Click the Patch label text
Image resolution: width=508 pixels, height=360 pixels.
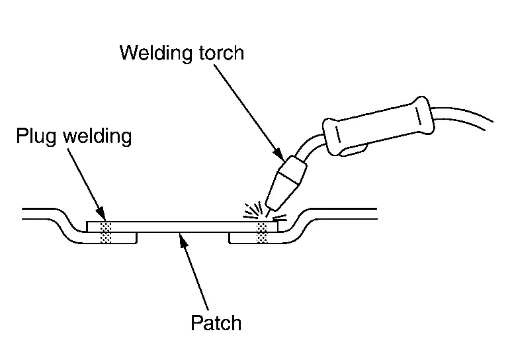pos(216,323)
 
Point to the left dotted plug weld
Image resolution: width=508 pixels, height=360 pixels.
pos(105,232)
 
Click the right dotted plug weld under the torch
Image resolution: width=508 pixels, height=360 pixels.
pos(263,232)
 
